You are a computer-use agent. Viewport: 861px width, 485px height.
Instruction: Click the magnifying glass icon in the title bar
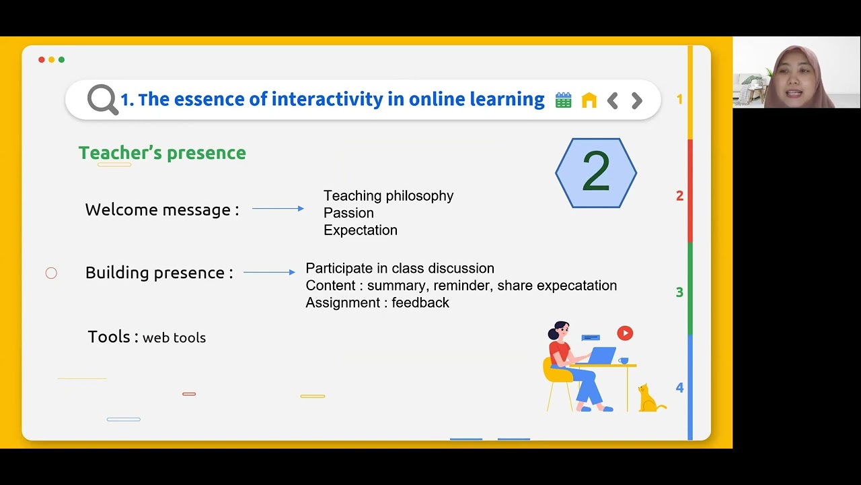(x=102, y=100)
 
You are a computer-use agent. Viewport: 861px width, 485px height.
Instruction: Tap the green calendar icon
(x=563, y=100)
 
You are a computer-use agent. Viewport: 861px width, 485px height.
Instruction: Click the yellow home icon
(x=589, y=100)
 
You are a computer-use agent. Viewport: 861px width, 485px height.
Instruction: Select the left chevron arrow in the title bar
(x=612, y=101)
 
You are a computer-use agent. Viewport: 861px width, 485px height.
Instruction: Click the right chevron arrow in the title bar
(x=636, y=101)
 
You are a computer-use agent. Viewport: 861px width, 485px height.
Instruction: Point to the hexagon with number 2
(x=596, y=172)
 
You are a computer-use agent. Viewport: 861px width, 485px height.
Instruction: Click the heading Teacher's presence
(x=162, y=153)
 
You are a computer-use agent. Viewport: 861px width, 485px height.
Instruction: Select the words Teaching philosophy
(x=388, y=195)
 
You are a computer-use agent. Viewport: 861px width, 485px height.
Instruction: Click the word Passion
(x=348, y=213)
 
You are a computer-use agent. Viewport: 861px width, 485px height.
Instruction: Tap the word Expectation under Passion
(x=361, y=230)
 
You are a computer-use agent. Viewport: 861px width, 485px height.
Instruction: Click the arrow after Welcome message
(x=278, y=209)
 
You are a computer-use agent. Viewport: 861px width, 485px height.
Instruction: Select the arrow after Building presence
(x=269, y=272)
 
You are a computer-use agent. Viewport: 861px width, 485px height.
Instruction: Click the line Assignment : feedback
(x=377, y=303)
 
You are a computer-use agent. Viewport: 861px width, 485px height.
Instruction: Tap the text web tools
(x=174, y=338)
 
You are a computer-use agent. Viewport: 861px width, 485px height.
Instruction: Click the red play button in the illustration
(x=625, y=333)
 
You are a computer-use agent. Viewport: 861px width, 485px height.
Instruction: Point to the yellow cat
(x=648, y=399)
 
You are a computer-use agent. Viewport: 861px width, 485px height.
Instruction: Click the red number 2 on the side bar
(x=679, y=196)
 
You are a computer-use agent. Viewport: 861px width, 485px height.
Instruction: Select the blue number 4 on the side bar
(x=679, y=388)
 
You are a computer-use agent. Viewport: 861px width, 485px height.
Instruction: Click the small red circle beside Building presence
(x=51, y=273)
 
